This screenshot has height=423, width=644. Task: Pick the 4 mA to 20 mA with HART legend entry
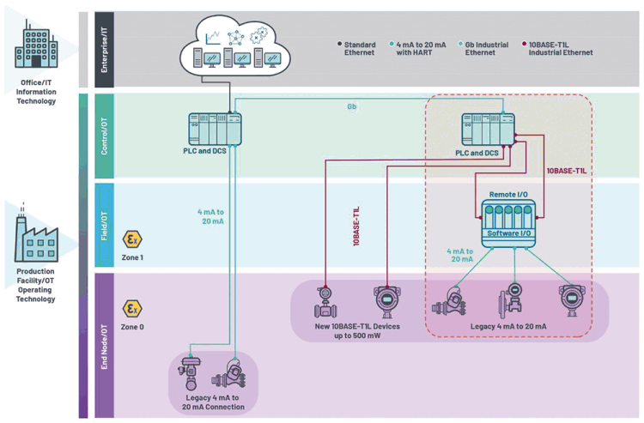pyautogui.click(x=419, y=48)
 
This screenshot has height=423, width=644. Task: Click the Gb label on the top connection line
pyautogui.click(x=352, y=107)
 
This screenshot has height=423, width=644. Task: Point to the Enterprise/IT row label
pyautogui.click(x=104, y=50)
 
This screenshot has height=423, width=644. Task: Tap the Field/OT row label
pyautogui.click(x=104, y=225)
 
